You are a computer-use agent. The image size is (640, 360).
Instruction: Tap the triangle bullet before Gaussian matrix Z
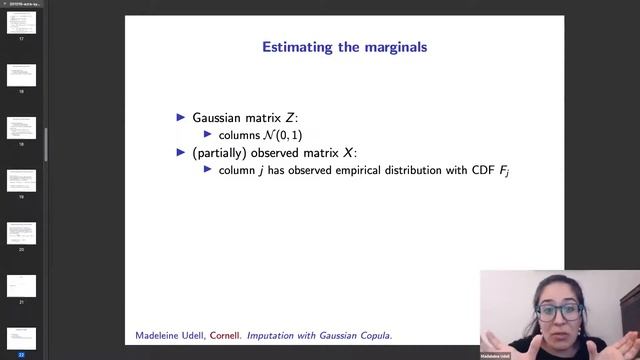[181, 117]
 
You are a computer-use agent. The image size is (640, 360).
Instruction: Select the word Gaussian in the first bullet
[221, 117]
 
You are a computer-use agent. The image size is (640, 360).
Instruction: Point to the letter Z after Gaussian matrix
[290, 117]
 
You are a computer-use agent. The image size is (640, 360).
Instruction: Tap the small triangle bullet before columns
[208, 134]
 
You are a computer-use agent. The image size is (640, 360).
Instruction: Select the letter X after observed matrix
[347, 152]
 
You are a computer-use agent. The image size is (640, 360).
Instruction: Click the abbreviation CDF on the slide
[484, 170]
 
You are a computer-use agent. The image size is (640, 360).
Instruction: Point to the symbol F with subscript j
[506, 171]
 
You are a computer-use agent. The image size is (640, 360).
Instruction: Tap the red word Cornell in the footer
[225, 334]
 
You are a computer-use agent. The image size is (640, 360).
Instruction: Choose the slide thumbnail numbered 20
[21, 232]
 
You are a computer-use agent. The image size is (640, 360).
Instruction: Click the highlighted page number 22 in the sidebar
[21, 353]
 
